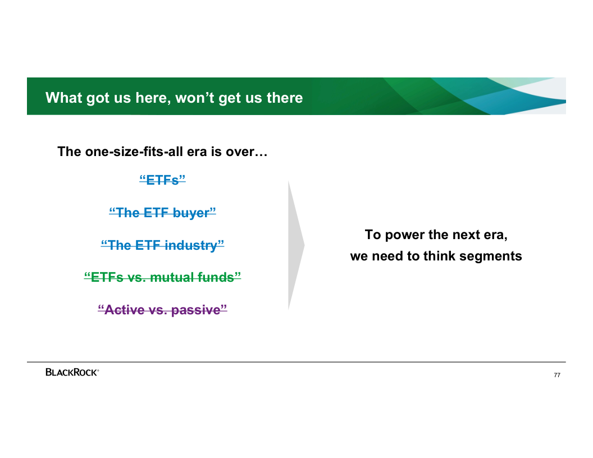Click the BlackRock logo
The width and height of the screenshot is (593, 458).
(72, 372)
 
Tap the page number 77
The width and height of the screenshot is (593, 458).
(556, 375)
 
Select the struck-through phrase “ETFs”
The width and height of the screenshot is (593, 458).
(163, 180)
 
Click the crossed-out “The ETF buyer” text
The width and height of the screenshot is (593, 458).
(163, 212)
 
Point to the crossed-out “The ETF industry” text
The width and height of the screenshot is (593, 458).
(163, 245)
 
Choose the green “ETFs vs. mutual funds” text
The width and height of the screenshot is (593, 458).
(163, 277)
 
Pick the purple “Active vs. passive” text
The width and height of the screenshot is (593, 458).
(163, 309)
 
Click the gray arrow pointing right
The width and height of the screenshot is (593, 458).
(296, 245)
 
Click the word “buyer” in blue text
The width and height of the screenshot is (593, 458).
(193, 213)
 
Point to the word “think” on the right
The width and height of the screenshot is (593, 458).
(440, 256)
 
